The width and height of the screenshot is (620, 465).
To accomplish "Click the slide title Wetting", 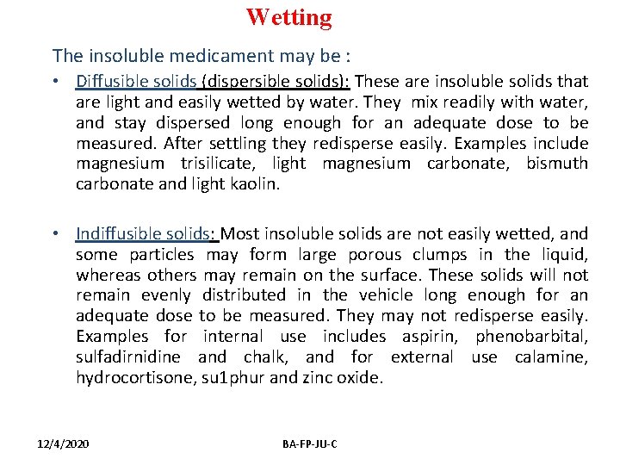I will tap(288, 17).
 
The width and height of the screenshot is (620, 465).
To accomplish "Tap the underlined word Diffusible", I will tap(109, 82).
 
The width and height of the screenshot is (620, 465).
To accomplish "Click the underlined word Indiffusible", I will tap(116, 233).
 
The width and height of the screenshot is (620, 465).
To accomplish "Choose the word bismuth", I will tap(557, 164).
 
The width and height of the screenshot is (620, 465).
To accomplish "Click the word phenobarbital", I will tap(531, 337).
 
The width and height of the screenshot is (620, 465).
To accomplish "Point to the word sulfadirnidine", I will tap(128, 357).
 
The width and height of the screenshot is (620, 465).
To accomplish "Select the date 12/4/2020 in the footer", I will tap(62, 443).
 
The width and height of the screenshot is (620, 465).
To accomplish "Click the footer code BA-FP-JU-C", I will tap(310, 443).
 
